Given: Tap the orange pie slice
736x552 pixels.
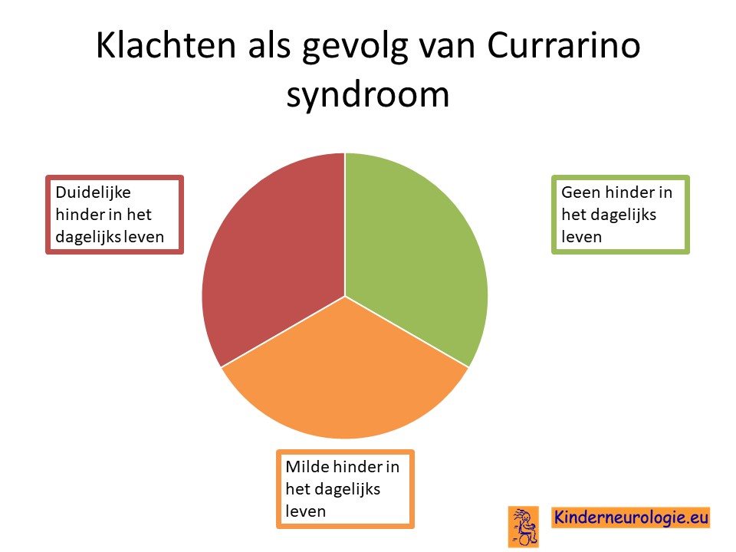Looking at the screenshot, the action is (345, 376).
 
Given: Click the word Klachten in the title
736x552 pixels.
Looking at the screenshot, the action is (166, 45).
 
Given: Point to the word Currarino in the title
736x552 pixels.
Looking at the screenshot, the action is (563, 45).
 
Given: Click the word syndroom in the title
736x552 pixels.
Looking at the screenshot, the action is (368, 96).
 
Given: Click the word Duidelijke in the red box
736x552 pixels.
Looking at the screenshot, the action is (93, 192).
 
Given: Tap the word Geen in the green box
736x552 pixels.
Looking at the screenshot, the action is (580, 192).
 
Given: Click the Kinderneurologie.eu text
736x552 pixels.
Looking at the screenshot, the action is (631, 517).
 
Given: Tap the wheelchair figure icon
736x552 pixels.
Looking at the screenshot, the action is (524, 526).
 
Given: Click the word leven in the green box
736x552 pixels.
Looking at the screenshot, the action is (582, 237).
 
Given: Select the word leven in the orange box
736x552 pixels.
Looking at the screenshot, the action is (306, 511).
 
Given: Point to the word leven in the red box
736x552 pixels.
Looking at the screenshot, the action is (143, 237).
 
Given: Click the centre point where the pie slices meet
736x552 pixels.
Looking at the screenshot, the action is (345, 297).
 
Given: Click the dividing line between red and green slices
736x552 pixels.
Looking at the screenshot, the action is (345, 225).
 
